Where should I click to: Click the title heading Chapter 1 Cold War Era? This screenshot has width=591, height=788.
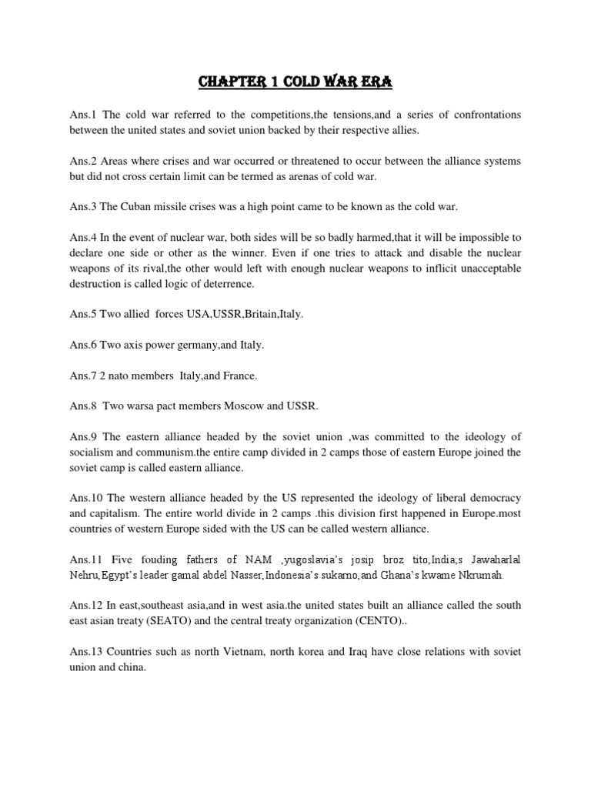(x=295, y=81)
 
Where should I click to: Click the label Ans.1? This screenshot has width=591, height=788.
(x=82, y=115)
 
